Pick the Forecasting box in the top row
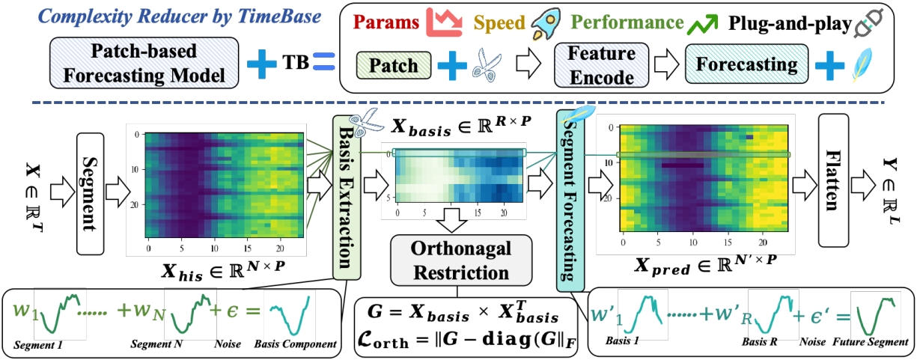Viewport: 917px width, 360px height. [746, 65]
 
